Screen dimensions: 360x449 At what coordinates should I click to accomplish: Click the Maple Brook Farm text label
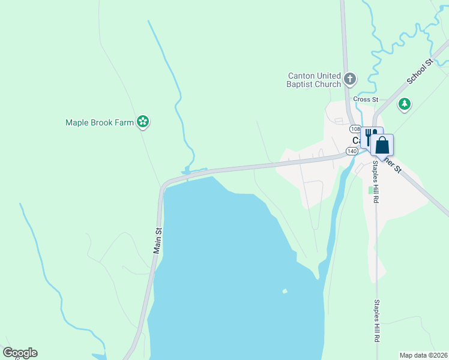(99, 122)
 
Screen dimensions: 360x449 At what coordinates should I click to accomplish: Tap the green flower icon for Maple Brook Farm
(143, 122)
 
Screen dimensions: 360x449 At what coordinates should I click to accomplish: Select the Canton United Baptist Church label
(315, 80)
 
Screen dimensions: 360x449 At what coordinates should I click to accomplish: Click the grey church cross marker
(350, 79)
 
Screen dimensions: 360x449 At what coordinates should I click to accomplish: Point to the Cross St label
(366, 99)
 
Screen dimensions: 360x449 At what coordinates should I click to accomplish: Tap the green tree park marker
(405, 105)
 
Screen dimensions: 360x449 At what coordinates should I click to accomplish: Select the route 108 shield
(355, 129)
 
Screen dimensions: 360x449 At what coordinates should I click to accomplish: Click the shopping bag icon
(382, 145)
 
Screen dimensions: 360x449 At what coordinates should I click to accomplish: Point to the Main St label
(158, 240)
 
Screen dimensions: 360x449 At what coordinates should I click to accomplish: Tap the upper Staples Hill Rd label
(375, 181)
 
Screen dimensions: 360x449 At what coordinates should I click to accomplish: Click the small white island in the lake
(285, 292)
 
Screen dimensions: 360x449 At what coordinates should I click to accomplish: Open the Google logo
(20, 353)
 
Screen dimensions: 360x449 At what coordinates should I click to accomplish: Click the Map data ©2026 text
(423, 355)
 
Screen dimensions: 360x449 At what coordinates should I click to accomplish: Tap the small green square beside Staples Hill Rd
(370, 190)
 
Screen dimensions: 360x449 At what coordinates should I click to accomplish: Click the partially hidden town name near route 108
(356, 140)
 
